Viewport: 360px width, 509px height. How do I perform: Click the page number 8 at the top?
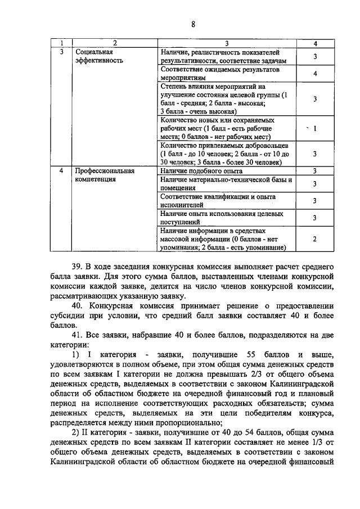point(192,24)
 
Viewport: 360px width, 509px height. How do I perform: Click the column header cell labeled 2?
point(114,43)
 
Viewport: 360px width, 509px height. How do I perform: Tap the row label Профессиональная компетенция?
point(104,175)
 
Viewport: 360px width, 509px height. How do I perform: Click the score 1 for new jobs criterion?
point(315,129)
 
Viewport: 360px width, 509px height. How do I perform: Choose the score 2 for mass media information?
point(315,239)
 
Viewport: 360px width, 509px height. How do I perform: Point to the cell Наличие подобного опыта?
point(201,170)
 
